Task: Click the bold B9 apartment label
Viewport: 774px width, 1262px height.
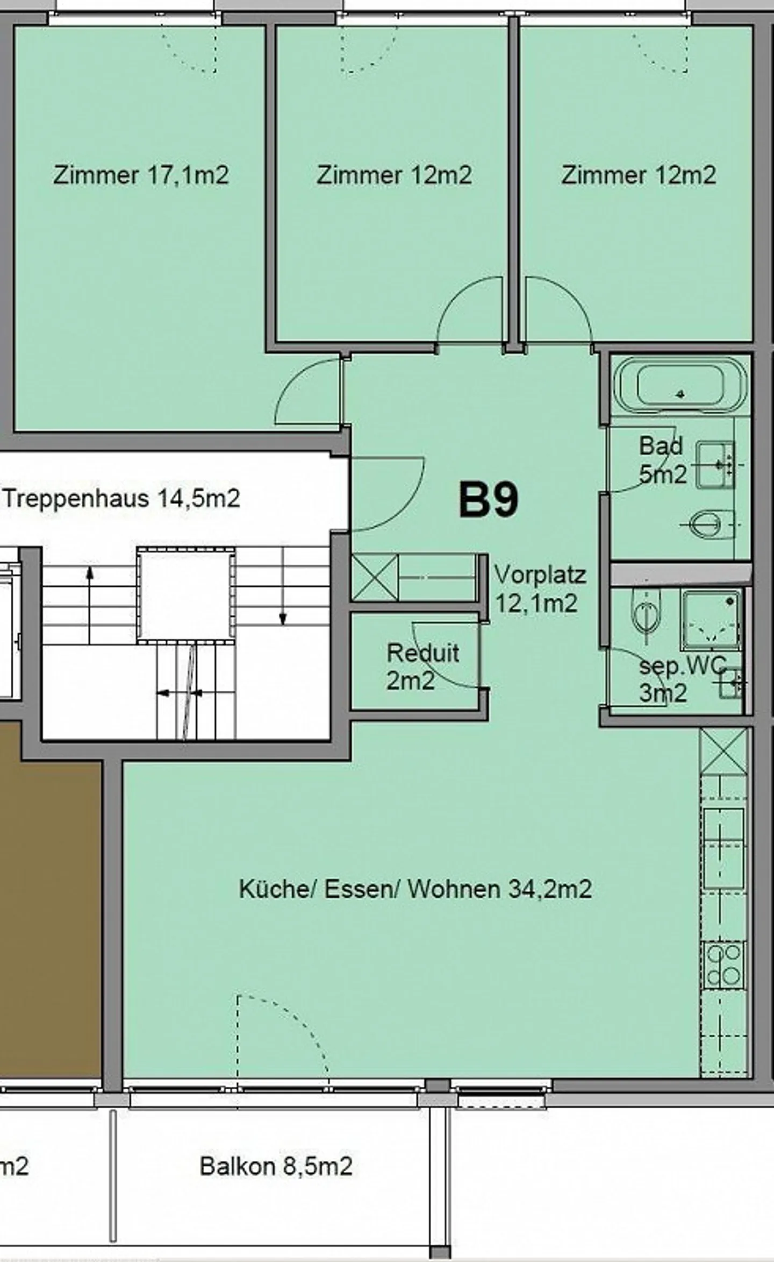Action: point(489,500)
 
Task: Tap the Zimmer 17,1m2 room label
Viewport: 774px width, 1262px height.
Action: point(141,175)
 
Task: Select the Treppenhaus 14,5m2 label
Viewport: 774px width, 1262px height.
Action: point(121,499)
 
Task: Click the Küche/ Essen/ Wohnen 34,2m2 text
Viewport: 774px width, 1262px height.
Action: point(415,889)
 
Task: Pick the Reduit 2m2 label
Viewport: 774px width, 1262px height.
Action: point(423,667)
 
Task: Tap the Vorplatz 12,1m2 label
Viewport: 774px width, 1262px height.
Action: point(540,589)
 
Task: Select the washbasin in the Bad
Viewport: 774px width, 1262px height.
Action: point(716,465)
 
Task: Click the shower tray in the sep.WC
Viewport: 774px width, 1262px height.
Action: point(711,619)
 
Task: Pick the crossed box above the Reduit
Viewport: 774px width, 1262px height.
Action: point(375,578)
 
